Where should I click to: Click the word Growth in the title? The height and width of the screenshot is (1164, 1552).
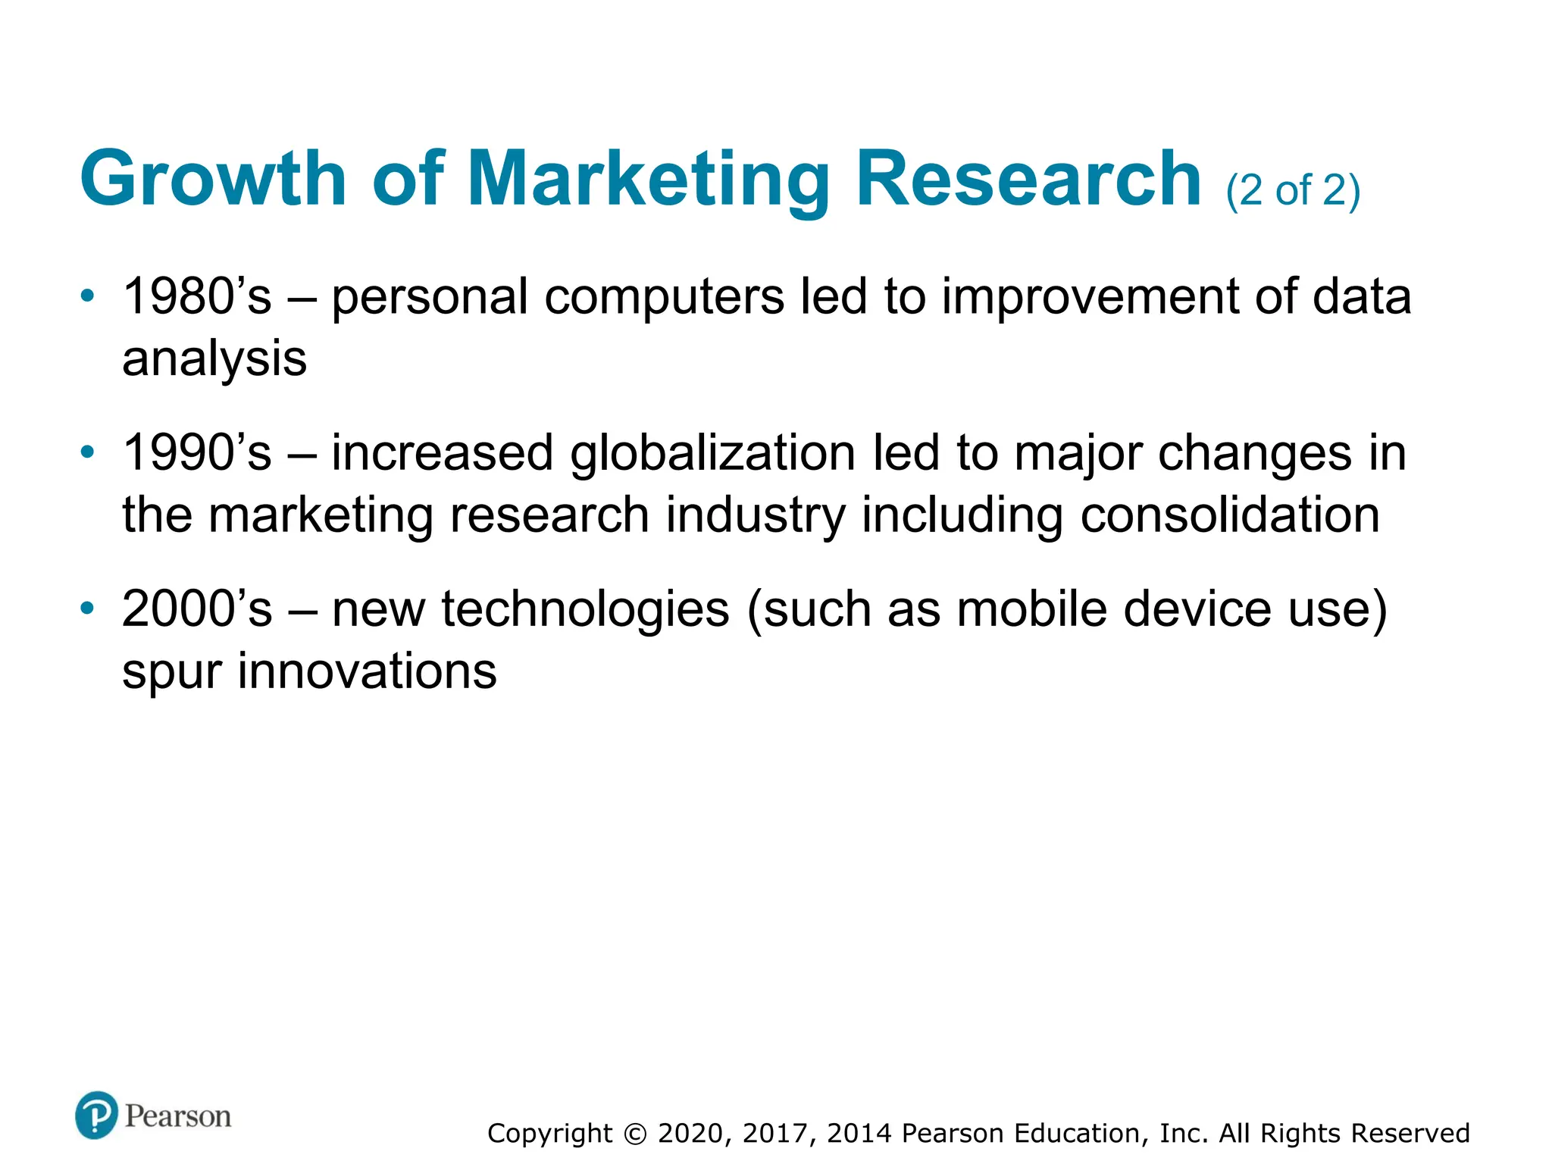click(x=213, y=179)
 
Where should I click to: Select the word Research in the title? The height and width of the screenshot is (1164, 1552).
click(x=1028, y=179)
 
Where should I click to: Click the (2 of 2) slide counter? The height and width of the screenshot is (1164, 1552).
click(x=1293, y=190)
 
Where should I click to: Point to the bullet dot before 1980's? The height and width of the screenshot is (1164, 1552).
click(x=88, y=295)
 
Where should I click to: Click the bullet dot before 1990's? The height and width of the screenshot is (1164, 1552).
click(x=88, y=452)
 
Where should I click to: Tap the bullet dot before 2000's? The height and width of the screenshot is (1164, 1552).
click(x=88, y=608)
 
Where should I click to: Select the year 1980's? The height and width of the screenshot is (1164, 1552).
click(x=196, y=296)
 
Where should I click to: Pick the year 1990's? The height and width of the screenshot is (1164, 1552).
click(x=196, y=452)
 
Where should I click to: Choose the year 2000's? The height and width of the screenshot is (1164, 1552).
click(x=196, y=609)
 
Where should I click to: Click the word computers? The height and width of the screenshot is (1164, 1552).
click(x=665, y=298)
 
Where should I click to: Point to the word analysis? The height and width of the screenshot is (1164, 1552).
click(x=214, y=359)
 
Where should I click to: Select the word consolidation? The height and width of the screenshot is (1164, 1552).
click(x=1230, y=515)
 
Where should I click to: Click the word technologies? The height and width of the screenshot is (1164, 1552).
click(x=585, y=610)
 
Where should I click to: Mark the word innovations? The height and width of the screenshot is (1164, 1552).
click(x=367, y=671)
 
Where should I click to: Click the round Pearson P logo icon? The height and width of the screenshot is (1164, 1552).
click(x=96, y=1115)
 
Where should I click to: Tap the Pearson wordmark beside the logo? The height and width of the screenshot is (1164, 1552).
click(x=178, y=1116)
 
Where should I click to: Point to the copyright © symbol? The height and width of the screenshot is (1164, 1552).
click(x=635, y=1134)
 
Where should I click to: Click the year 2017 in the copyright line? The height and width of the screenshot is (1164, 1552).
click(x=780, y=1134)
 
